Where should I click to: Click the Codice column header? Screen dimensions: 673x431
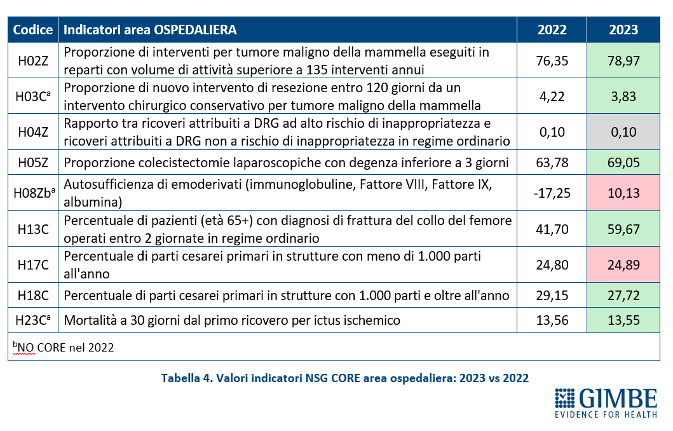point(33,30)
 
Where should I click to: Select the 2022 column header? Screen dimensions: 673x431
point(552,30)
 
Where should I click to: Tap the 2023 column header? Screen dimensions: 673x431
point(623,30)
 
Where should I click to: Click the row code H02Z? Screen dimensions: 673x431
point(33,60)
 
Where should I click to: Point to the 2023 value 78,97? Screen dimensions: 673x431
point(623,60)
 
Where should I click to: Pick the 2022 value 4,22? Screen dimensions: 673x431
point(552,96)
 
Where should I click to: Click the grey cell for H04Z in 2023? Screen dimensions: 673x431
point(623,132)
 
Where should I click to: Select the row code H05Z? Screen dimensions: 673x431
point(33,162)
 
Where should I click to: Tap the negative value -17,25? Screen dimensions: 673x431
point(552,193)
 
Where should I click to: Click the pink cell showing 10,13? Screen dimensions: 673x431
point(623,193)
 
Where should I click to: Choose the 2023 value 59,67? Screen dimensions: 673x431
point(623,229)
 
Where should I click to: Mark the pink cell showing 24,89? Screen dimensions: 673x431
point(623,264)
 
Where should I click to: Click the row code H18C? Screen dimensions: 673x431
point(33,296)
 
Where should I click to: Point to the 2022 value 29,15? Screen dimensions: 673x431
point(552,296)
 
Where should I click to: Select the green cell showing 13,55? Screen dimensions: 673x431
point(623,320)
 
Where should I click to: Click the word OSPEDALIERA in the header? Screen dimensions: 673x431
point(195,30)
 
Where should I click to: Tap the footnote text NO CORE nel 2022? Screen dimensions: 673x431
point(65,347)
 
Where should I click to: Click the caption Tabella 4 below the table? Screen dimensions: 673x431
point(187,378)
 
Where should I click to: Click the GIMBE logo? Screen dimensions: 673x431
point(606,403)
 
